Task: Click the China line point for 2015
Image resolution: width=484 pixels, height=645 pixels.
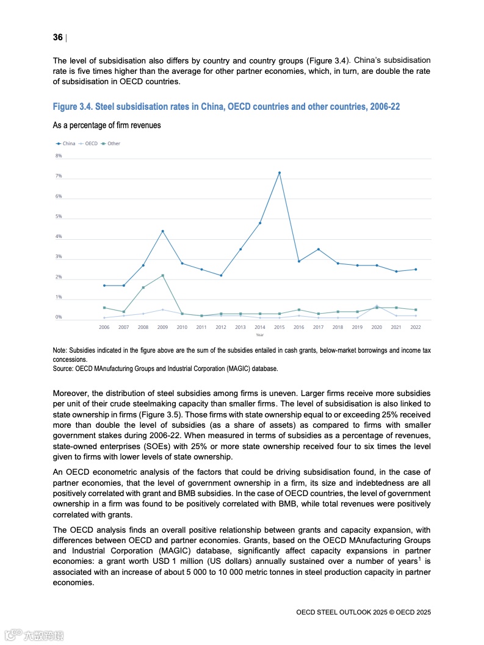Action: pos(280,173)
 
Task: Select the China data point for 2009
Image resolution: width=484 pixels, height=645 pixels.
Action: pos(162,231)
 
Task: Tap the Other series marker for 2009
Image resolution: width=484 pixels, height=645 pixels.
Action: pos(162,275)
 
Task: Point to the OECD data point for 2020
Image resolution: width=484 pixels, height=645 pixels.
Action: pos(377,305)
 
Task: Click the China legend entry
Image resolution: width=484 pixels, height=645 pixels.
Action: pos(66,143)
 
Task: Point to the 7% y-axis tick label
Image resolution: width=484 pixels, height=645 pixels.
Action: pos(59,176)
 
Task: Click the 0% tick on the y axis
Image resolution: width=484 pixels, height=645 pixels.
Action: pos(59,317)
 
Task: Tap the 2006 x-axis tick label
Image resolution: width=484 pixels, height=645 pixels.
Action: pos(104,328)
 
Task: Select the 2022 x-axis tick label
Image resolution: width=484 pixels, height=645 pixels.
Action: pos(416,328)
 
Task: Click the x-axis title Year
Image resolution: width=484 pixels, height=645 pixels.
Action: pos(260,335)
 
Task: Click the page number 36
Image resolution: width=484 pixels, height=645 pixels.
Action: pos(58,38)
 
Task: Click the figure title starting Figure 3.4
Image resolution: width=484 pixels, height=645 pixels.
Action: pos(226,107)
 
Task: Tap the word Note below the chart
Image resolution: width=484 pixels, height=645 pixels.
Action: pos(60,351)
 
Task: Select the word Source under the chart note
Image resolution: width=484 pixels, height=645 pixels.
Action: pos(63,369)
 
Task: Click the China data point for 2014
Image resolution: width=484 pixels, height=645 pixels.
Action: pos(260,223)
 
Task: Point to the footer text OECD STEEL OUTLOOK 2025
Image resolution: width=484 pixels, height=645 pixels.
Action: pos(344,611)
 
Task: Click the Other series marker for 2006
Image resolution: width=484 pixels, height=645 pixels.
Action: pos(104,308)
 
